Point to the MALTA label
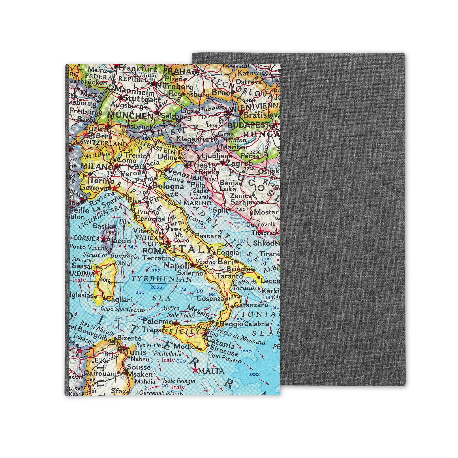[212, 371]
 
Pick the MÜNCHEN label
[130, 116]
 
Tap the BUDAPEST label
[248, 125]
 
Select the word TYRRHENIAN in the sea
[162, 279]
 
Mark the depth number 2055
[156, 287]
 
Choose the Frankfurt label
[138, 69]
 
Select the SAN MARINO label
[189, 203]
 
